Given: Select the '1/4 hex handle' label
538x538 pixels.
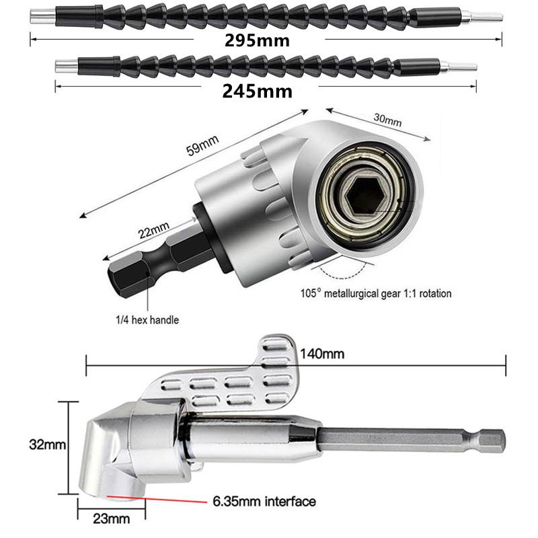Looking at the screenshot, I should [146, 319].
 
